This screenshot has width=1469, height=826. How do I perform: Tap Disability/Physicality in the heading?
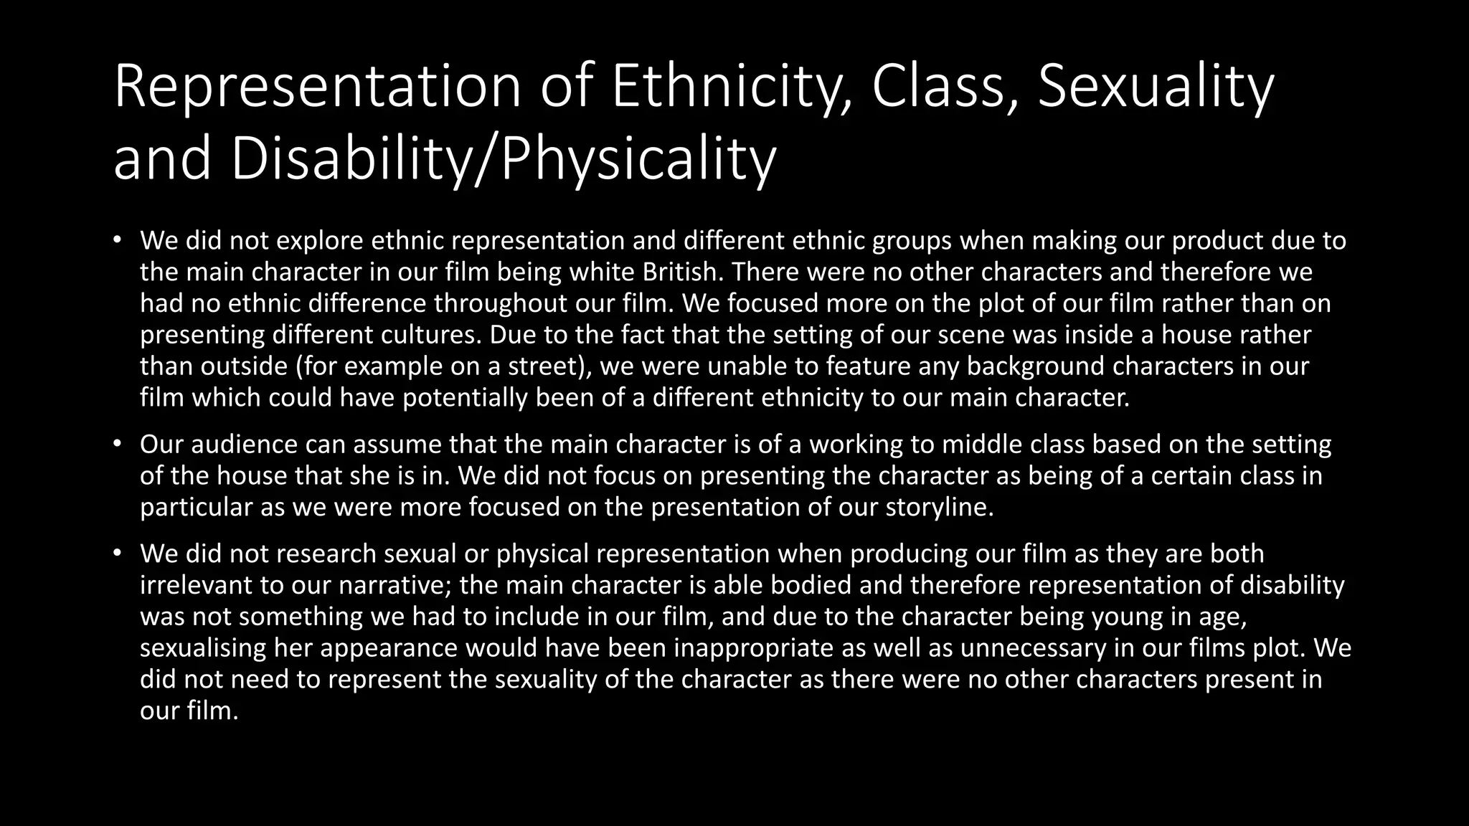(x=504, y=159)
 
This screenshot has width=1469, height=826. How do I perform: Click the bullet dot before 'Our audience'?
(x=118, y=444)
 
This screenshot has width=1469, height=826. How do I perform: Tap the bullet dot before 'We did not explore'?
(x=118, y=240)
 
